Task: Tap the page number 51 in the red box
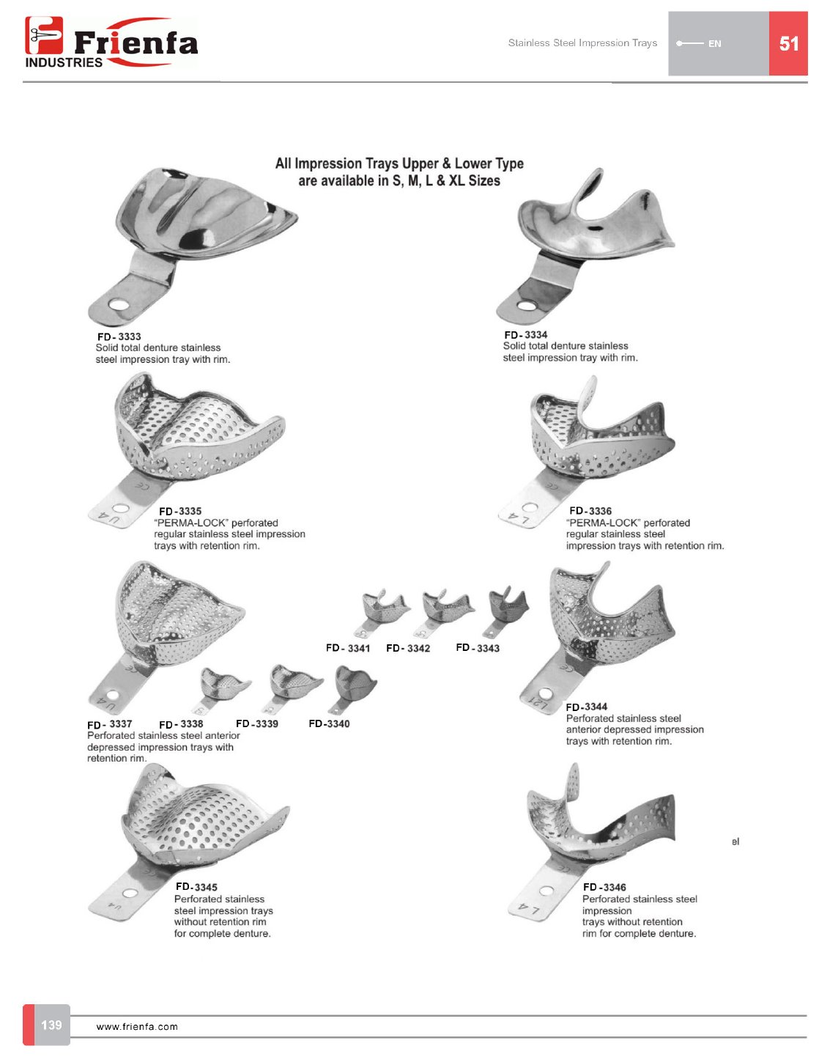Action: (788, 44)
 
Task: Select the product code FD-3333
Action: (119, 336)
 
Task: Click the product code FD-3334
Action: (525, 335)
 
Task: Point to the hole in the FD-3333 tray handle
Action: (117, 303)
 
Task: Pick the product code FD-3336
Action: (590, 511)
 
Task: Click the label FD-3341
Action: (348, 649)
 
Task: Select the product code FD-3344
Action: (586, 707)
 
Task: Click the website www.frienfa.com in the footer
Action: (137, 1027)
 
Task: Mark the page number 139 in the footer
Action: (51, 1025)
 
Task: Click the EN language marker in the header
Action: (714, 44)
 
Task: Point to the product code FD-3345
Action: (196, 887)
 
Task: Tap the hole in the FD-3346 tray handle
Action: (546, 891)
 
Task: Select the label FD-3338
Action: (181, 724)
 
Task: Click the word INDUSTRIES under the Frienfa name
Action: (64, 63)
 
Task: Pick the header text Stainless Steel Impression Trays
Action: (582, 43)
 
